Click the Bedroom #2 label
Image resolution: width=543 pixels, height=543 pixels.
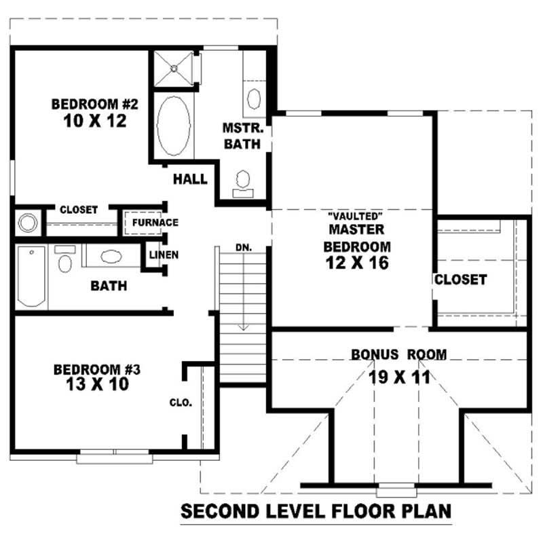(x=95, y=105)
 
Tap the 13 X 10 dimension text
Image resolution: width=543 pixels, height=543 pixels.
(x=96, y=384)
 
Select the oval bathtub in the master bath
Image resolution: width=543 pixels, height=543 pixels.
(x=174, y=126)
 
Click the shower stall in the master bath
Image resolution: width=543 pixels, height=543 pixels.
(x=174, y=67)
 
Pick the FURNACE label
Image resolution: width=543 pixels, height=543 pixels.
(x=155, y=223)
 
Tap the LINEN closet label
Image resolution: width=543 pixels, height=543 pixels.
(x=164, y=255)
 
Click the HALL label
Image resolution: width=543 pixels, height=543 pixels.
(x=190, y=179)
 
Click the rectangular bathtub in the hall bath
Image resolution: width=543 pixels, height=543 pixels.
(x=31, y=276)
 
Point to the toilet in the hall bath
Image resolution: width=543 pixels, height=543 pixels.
(x=66, y=259)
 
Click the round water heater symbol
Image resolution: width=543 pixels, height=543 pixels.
(x=27, y=223)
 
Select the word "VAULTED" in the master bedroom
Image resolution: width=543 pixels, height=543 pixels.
(x=352, y=214)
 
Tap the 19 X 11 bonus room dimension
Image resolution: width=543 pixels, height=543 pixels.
(x=399, y=377)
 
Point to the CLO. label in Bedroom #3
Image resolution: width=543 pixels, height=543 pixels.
(x=181, y=402)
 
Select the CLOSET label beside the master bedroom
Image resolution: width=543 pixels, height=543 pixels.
(x=460, y=279)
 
